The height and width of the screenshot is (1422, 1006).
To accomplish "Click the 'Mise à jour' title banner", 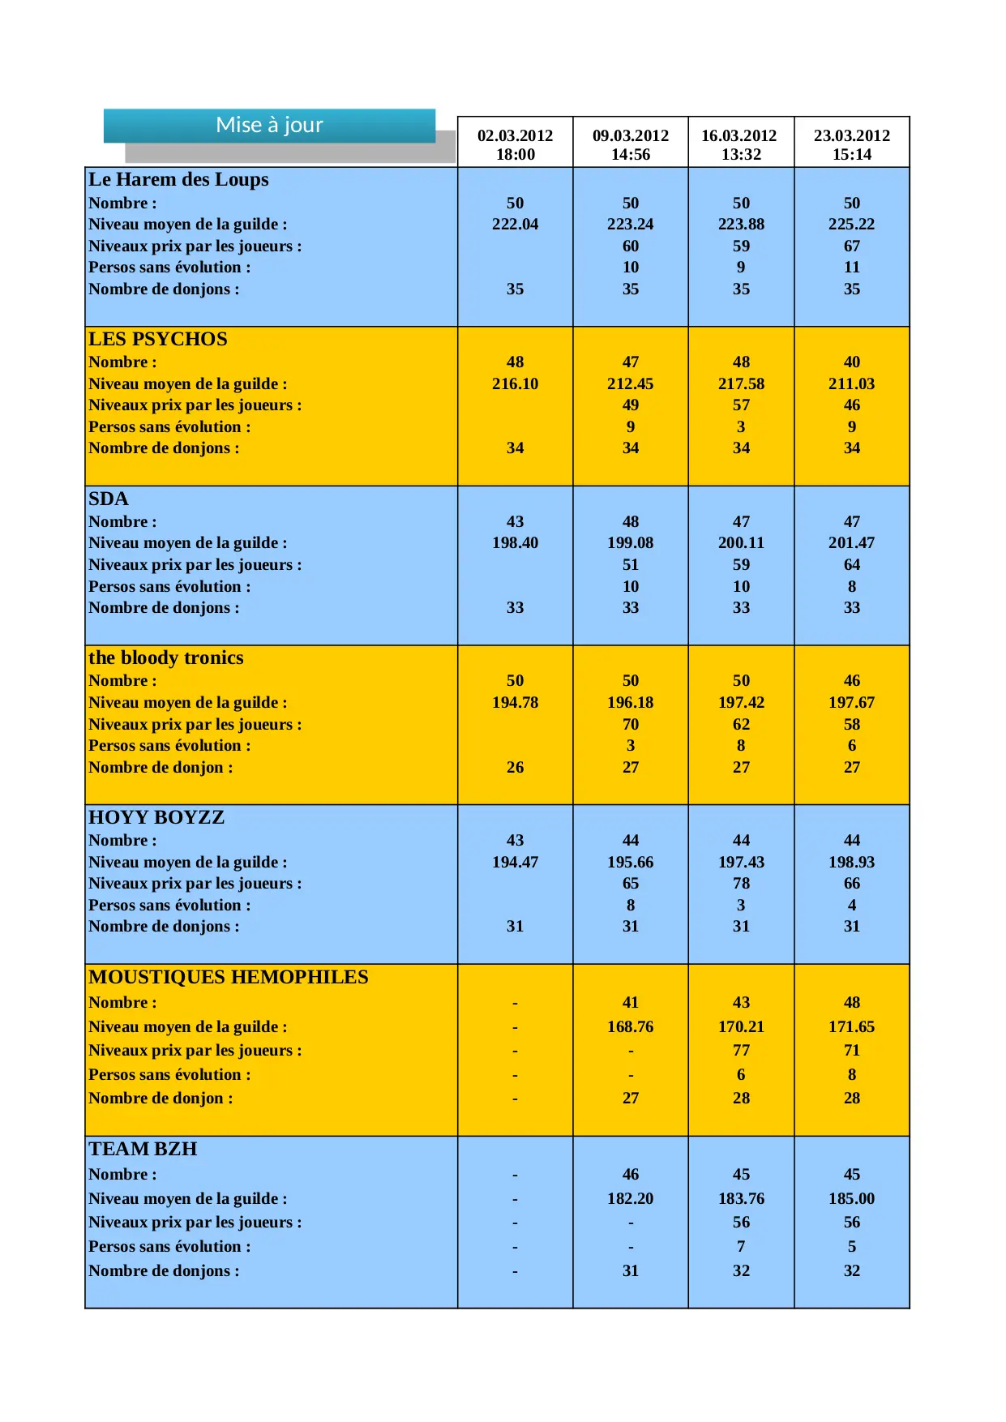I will coord(269,125).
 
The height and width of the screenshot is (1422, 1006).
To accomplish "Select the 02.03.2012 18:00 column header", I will coord(515,144).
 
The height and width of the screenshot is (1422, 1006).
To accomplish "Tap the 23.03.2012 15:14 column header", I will coord(851,144).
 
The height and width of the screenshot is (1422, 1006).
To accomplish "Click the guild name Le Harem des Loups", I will coord(178,179).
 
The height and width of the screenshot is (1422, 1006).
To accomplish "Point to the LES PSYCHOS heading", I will coord(158,339).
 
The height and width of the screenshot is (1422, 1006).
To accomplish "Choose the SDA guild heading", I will coord(109,499).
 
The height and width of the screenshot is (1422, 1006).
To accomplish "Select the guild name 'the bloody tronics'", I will coord(166,657).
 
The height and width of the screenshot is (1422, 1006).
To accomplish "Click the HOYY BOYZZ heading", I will coord(156,817).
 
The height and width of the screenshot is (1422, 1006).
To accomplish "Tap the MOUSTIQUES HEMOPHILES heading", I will coord(229,977).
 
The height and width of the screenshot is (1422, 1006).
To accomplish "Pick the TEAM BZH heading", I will coord(143,1149).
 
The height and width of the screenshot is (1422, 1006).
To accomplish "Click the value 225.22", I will coord(851,224).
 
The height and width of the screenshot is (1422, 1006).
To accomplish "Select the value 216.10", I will coord(515,383).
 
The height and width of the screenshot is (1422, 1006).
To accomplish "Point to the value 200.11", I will coord(741,542).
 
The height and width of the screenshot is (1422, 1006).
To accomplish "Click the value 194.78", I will coord(515,702).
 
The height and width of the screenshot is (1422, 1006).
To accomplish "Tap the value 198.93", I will coord(851,862).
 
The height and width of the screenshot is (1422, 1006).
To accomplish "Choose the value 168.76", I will coord(630,1026).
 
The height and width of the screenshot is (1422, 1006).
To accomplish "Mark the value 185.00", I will coord(851,1198).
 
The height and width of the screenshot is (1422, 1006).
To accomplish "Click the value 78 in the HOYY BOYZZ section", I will coord(741,883).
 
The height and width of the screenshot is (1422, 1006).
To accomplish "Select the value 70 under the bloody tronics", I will coord(630,724).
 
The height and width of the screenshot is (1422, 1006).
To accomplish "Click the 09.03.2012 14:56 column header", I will coord(630,144).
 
